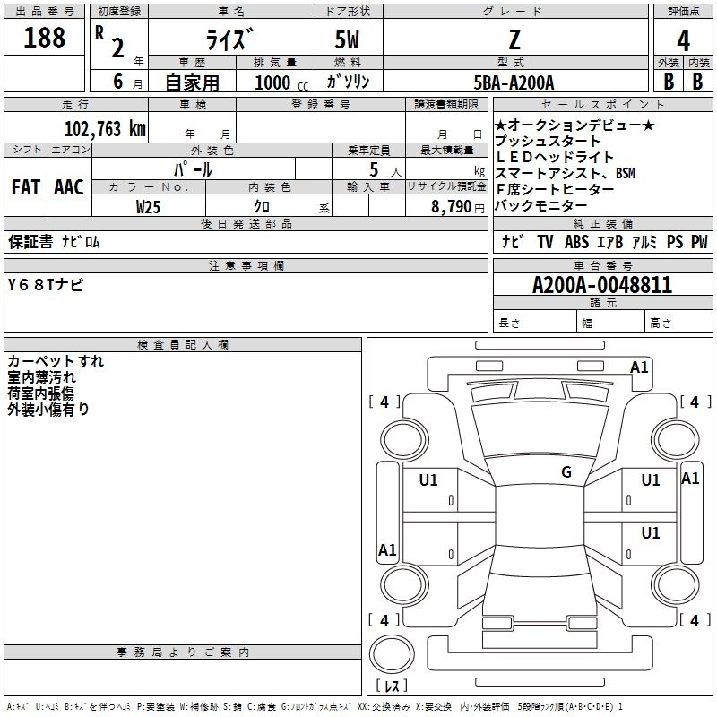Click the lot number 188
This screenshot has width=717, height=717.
tap(45, 38)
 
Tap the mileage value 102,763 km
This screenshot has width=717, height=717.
tap(106, 128)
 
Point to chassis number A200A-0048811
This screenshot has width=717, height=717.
tap(602, 286)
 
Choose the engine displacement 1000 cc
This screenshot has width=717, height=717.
tap(279, 82)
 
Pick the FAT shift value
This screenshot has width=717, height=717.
tap(26, 187)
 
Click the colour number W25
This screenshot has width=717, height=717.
tap(149, 206)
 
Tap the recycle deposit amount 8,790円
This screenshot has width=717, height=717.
tap(453, 206)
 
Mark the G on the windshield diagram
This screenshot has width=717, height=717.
tap(566, 472)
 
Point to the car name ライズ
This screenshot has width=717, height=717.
tap(232, 40)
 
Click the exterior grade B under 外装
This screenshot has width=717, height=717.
tap(668, 82)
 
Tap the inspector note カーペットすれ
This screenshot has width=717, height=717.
tap(56, 361)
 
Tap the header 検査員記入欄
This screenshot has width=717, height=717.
tap(183, 345)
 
